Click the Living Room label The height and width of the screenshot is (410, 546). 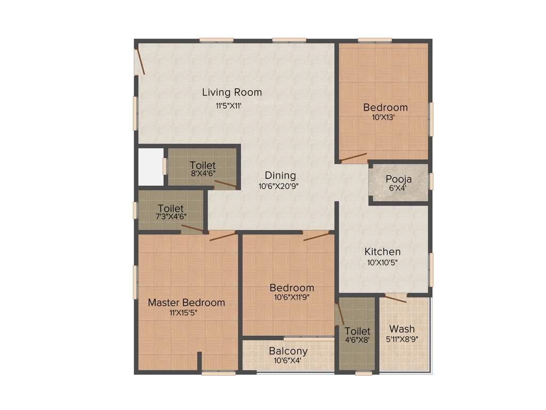click(x=232, y=92)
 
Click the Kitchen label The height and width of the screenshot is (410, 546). click(x=382, y=251)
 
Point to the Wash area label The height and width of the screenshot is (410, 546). click(x=402, y=329)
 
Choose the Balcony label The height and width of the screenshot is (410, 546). click(x=288, y=351)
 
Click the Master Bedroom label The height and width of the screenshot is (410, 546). click(x=186, y=303)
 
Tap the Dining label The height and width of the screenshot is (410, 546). click(x=280, y=176)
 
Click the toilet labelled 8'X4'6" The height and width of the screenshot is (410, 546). click(x=202, y=165)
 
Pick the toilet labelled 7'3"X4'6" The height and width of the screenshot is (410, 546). click(x=171, y=208)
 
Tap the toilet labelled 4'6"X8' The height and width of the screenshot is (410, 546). click(x=357, y=332)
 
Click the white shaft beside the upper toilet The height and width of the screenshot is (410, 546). click(x=150, y=166)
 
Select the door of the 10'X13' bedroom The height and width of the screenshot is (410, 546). click(x=353, y=157)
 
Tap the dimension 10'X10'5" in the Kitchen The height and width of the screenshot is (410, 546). click(x=382, y=262)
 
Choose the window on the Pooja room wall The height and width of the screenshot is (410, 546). click(x=431, y=181)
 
